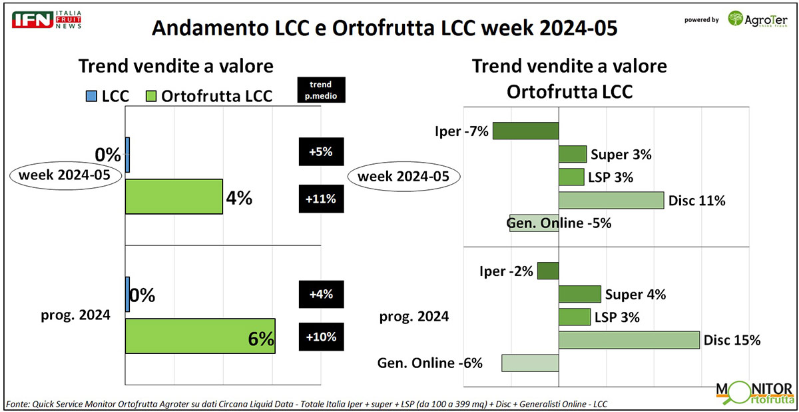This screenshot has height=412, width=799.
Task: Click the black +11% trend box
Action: point(322,198)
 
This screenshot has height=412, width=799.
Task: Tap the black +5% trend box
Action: point(322,151)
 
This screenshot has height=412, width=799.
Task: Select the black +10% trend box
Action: point(322,337)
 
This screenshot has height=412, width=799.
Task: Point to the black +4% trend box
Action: point(322,294)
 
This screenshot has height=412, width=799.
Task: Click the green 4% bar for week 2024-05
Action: point(174,197)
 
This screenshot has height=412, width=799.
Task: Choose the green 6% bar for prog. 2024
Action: point(200,336)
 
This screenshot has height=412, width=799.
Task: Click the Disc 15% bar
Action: point(629,340)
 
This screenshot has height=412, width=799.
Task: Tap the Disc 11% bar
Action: point(611,200)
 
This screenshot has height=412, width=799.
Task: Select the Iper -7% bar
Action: point(525,131)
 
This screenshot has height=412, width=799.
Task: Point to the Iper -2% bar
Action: point(547,271)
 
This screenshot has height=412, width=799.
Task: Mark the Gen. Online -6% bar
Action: point(529,363)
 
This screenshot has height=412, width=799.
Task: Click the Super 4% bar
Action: point(579,294)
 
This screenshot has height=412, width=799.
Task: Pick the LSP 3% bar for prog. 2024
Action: point(574,317)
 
